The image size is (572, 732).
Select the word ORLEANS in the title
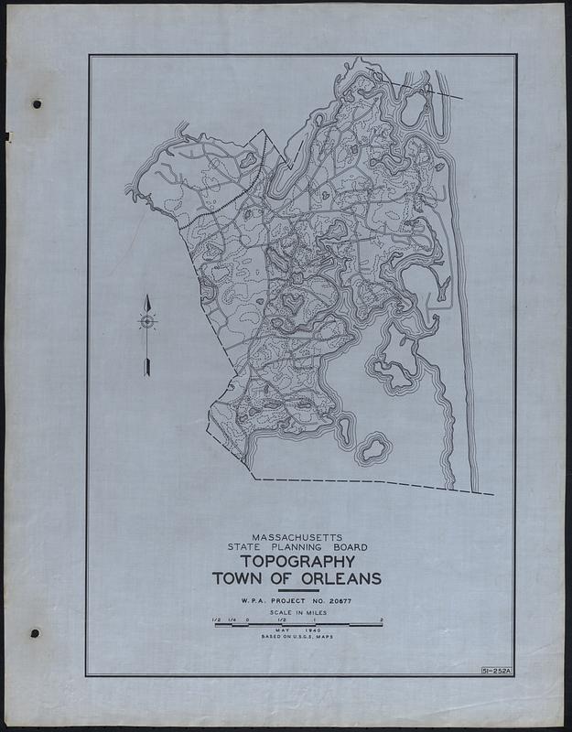[334, 578]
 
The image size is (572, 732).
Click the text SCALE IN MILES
[297, 613]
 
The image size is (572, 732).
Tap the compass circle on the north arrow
[146, 320]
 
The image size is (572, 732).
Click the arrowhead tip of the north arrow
[146, 295]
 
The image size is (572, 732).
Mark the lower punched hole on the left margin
[36, 633]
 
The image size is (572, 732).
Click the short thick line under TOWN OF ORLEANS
[297, 591]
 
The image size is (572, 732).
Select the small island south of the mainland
[372, 449]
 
